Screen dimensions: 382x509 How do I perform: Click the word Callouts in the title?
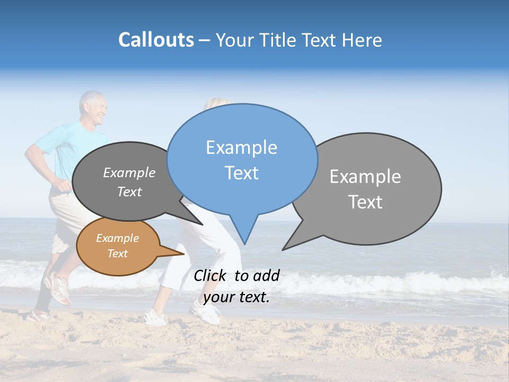156,40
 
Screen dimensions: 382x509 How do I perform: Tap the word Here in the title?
363,40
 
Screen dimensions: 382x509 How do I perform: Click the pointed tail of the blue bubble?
244,233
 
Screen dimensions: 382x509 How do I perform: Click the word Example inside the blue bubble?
241,147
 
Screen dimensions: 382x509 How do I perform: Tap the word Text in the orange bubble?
118,254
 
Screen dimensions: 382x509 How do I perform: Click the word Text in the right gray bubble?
365,202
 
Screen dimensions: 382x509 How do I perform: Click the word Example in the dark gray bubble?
129,173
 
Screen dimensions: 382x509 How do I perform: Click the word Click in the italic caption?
210,275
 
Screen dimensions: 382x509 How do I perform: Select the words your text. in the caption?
236,297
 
